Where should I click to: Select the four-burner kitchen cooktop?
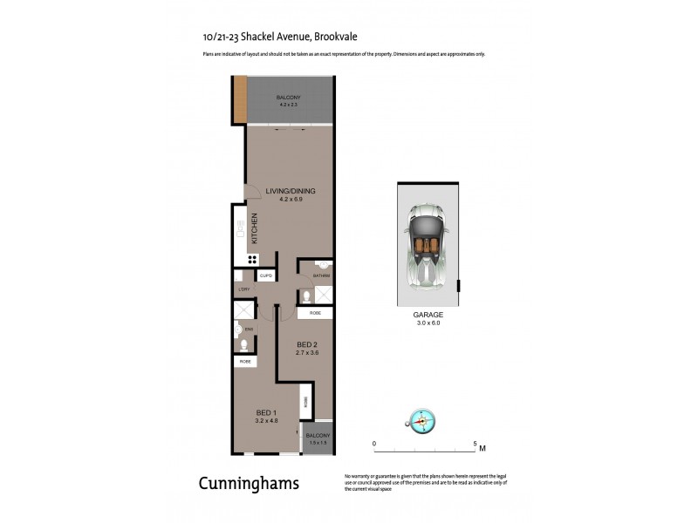pyautogui.click(x=252, y=259)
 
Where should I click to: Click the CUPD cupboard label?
pyautogui.click(x=266, y=275)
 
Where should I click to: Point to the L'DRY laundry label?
pyautogui.click(x=244, y=289)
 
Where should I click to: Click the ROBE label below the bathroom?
pyautogui.click(x=314, y=312)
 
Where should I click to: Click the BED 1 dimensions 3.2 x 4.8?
pyautogui.click(x=266, y=421)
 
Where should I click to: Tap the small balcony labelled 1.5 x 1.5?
pyautogui.click(x=317, y=439)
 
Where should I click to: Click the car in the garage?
pyautogui.click(x=428, y=243)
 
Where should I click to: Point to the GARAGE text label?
pyautogui.click(x=428, y=315)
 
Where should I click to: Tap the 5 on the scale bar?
pyautogui.click(x=475, y=443)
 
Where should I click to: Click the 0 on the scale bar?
pyautogui.click(x=374, y=443)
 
